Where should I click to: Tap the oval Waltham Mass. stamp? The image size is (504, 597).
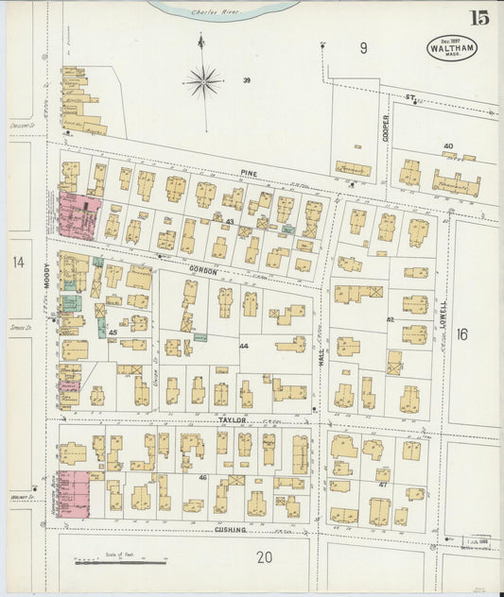click(x=452, y=47)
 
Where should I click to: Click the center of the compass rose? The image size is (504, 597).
click(x=202, y=82)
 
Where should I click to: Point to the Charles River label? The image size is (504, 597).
click(x=209, y=13)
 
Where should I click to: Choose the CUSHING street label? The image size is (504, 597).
click(x=229, y=530)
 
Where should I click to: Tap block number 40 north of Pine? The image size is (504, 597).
click(x=447, y=146)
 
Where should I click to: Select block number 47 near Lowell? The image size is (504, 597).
click(x=384, y=483)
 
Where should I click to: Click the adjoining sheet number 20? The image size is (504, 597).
click(x=264, y=557)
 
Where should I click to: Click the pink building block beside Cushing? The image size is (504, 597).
click(x=73, y=494)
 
